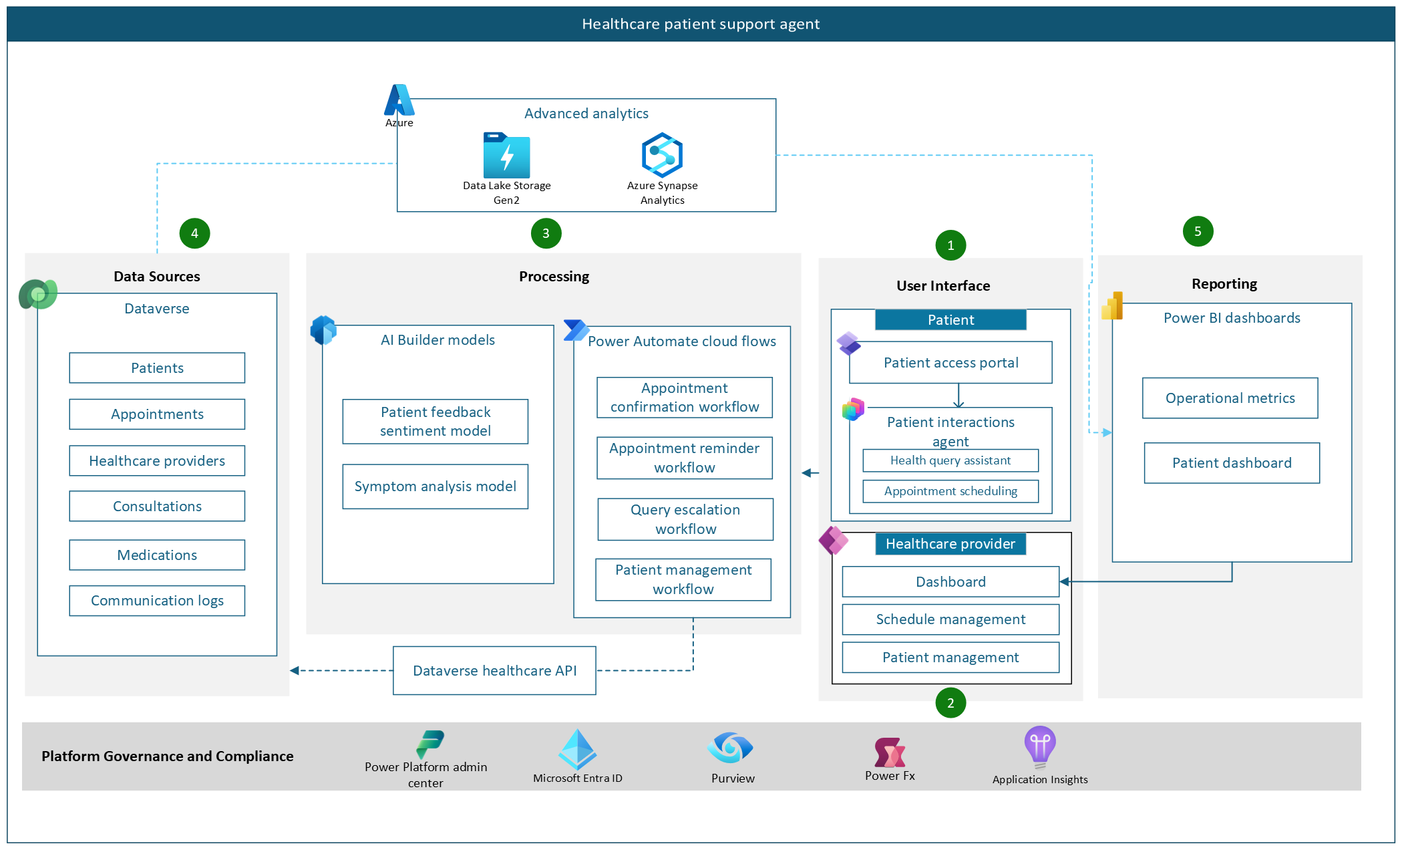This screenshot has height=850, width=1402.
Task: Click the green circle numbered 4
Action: (x=194, y=233)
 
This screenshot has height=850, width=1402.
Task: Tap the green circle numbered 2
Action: (x=950, y=703)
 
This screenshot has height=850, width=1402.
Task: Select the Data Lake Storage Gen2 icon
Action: (x=506, y=156)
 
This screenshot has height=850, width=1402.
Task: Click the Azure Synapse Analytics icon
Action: (x=662, y=155)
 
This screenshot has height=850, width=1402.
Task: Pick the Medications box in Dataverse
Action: (x=157, y=555)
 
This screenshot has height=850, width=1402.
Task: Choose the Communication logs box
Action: (x=157, y=601)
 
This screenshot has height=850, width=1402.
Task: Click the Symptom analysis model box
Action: (x=435, y=486)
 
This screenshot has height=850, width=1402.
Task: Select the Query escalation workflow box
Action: (x=685, y=519)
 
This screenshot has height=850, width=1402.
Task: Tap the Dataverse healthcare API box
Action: (x=494, y=670)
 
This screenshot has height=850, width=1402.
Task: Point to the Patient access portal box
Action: (x=950, y=363)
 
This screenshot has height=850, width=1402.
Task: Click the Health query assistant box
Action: (x=950, y=460)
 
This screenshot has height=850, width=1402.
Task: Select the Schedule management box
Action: (x=950, y=619)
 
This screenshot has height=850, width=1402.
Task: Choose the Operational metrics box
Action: (x=1230, y=398)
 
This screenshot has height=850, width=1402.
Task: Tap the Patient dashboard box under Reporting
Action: (x=1232, y=463)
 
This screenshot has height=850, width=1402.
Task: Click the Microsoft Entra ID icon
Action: (x=577, y=749)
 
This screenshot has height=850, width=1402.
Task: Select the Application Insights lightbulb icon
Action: (x=1039, y=746)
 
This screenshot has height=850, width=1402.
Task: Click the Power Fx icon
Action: (x=890, y=753)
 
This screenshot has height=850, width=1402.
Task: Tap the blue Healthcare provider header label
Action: (x=950, y=544)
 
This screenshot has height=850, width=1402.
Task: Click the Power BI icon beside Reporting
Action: (x=1112, y=306)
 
